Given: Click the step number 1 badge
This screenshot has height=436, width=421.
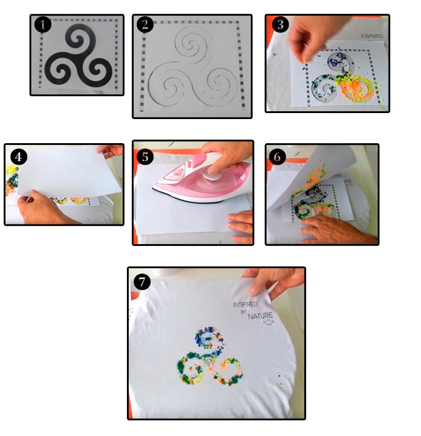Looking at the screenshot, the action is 43,25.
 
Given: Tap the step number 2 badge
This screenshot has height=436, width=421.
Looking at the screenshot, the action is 145,25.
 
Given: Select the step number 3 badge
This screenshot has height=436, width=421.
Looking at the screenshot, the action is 280,25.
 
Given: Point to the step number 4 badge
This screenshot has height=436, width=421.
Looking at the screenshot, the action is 19,157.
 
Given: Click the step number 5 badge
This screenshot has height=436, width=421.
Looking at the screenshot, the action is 145,157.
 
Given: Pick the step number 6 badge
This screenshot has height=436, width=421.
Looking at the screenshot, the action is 277,157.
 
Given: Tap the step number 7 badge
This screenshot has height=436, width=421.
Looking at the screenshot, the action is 142,281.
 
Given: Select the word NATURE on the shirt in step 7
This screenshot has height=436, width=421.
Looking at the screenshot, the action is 260,316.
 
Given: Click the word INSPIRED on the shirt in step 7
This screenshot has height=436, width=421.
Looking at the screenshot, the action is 245,304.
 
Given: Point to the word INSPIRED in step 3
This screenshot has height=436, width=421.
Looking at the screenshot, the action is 372,36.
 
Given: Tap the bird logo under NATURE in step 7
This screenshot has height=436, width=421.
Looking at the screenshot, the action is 269,322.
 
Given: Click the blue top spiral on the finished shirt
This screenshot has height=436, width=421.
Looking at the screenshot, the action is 209,338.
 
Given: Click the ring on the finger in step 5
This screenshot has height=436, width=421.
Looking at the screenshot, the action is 251,230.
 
